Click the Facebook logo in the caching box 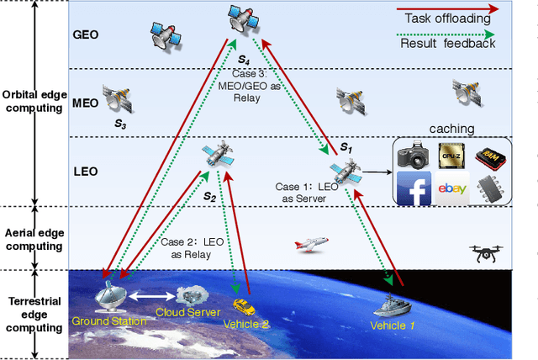(x=413, y=188)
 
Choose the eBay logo (x=452, y=189)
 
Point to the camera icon (x=413, y=154)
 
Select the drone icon (x=489, y=251)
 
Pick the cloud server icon (x=193, y=296)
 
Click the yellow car (x=243, y=304)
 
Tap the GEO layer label (x=86, y=37)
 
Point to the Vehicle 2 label (x=246, y=324)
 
